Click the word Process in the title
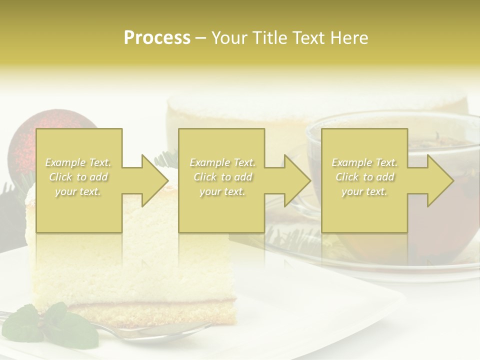pyautogui.click(x=157, y=38)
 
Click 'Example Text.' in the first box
pyautogui.click(x=78, y=162)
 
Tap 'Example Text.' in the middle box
pyautogui.click(x=222, y=162)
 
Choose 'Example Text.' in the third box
pyautogui.click(x=364, y=162)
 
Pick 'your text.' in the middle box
pyautogui.click(x=222, y=191)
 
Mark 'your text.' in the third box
pyautogui.click(x=364, y=191)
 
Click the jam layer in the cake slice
pyautogui.click(x=150, y=303)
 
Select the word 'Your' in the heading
pyautogui.click(x=228, y=38)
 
